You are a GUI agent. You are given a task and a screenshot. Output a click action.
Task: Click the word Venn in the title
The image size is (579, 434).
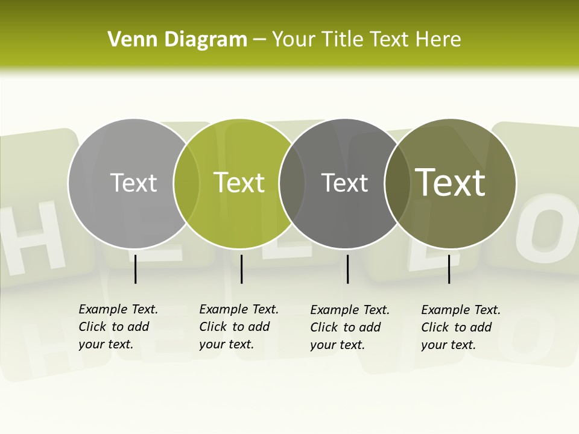[x=133, y=40]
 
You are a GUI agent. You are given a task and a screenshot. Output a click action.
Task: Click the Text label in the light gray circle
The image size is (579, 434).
[x=133, y=183]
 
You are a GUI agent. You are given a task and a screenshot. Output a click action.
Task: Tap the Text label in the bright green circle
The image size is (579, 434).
[x=239, y=183]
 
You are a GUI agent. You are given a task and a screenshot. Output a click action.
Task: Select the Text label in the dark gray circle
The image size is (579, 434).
[x=344, y=183]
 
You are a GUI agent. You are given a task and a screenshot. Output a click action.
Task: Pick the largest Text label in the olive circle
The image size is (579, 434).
[x=451, y=182]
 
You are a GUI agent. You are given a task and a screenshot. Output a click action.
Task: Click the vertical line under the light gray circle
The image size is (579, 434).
[x=135, y=269]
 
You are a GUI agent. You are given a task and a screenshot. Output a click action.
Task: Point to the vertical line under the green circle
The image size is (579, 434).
[x=241, y=269]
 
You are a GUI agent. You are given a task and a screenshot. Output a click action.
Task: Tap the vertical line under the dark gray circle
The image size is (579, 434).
[x=347, y=269]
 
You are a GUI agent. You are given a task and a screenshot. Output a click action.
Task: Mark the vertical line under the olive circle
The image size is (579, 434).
[x=449, y=269]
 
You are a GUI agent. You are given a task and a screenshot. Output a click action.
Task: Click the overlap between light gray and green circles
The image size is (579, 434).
[x=186, y=184]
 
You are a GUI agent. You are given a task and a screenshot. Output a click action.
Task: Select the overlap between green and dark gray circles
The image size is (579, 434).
[x=292, y=184]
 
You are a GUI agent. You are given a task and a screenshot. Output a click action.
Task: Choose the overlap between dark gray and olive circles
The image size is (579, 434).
[x=397, y=184]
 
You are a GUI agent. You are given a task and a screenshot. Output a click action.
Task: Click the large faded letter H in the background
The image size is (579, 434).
[x=36, y=238]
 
